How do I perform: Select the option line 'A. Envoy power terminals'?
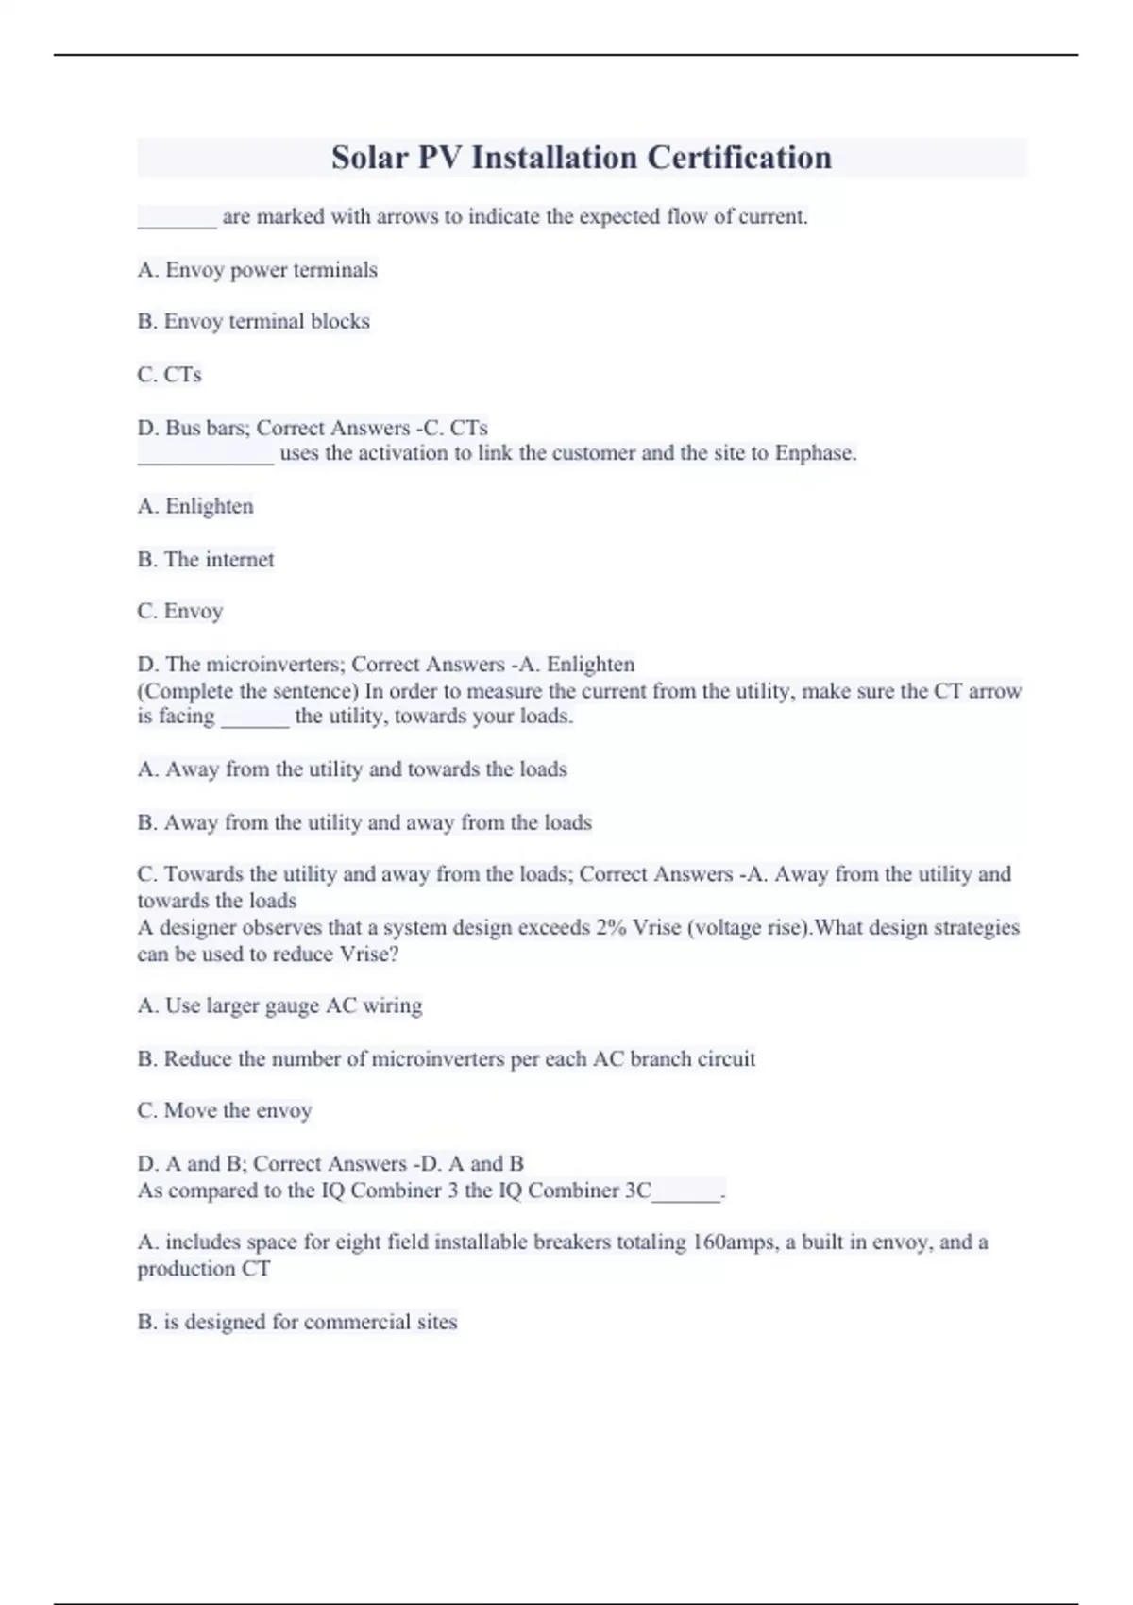click(x=257, y=270)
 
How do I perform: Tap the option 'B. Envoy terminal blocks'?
click(x=253, y=322)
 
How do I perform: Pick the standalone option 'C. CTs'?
click(x=169, y=375)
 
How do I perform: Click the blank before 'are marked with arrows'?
click(x=177, y=219)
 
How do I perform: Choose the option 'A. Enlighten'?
click(x=195, y=507)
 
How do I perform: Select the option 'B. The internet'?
click(x=206, y=560)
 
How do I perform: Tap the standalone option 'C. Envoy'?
click(x=179, y=612)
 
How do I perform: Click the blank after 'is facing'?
click(x=255, y=718)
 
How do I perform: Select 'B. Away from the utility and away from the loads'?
click(x=364, y=822)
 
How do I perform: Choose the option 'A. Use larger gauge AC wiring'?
click(x=279, y=1006)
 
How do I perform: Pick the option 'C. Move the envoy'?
click(x=224, y=1111)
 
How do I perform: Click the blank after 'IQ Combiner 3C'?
click(x=686, y=1192)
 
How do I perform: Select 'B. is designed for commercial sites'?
click(x=296, y=1322)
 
